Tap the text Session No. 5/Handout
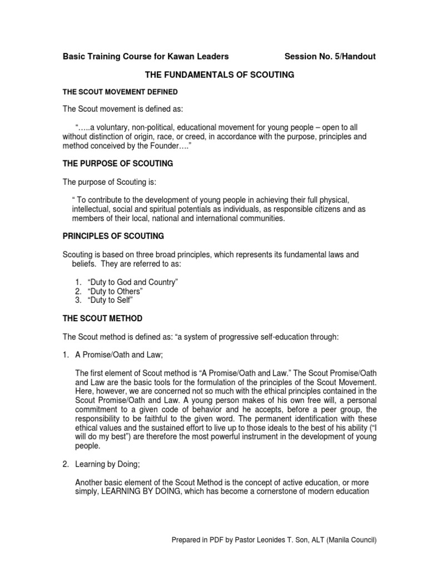[330, 57]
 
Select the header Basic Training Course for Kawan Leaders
[145, 57]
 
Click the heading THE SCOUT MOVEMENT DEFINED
[120, 91]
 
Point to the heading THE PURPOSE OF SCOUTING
[117, 164]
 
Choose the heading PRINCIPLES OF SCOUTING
[113, 236]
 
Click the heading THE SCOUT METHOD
[102, 318]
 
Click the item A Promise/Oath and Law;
[120, 355]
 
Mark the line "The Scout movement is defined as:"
[119, 108]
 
